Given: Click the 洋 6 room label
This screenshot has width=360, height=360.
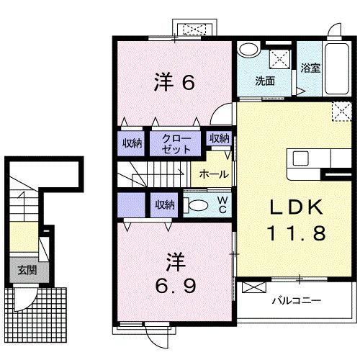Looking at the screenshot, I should point(174,83).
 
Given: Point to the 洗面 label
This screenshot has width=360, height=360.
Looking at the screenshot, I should point(264,81).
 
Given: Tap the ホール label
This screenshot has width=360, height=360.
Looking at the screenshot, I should point(214,174).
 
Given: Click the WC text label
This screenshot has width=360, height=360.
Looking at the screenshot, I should point(223,204).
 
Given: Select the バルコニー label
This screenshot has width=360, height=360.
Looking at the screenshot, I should point(296,300).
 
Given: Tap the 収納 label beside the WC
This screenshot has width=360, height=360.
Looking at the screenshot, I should point(164,204).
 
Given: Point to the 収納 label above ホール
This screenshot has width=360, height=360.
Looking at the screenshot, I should point(219,139).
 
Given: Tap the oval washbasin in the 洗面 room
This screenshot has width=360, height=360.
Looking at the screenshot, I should point(249,50).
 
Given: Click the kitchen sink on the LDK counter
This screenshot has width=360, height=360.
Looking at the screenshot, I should point(300,158).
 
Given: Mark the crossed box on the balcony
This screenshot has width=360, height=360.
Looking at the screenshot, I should point(254,287).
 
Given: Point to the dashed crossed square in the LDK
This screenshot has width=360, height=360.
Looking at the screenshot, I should point(341,112).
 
